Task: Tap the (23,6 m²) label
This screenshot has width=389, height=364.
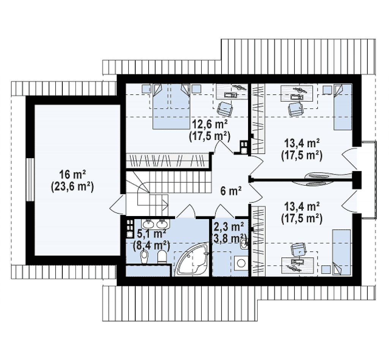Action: coord(73,187)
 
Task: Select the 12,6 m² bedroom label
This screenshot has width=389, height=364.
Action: coord(210,124)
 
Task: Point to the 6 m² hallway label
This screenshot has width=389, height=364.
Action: coord(231,191)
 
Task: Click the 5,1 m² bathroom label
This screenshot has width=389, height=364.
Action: coord(152,234)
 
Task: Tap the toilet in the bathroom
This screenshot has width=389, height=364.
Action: coord(162,256)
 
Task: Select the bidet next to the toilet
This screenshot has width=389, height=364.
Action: coord(144,256)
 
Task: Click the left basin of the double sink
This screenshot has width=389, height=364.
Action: coord(149,224)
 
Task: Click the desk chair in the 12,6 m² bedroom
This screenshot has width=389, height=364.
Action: coord(225,109)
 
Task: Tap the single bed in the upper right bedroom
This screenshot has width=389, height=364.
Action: coord(343,107)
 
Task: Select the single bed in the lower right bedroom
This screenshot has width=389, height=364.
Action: coord(342,252)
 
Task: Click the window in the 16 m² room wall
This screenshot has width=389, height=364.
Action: coord(30,180)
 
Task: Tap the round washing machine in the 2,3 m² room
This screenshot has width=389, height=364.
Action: coord(240,263)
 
